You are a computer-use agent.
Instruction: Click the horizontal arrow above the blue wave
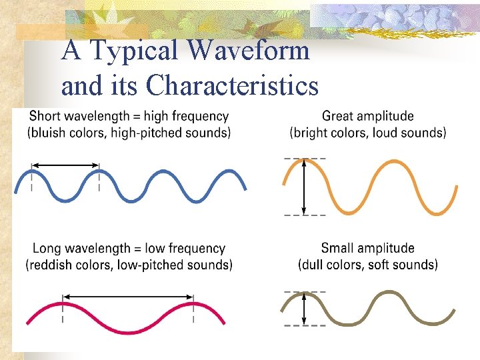coord(65,165)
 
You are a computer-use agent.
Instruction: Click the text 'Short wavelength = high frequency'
coord(129,117)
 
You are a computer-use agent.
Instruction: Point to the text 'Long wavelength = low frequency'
coord(129,249)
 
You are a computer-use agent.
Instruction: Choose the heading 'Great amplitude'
coord(367,117)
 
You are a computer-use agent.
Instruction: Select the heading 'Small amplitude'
coord(367,249)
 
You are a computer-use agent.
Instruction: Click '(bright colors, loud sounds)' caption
coord(367,133)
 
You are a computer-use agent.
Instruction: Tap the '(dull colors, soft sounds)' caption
coord(367,265)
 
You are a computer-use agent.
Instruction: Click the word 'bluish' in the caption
coord(50,133)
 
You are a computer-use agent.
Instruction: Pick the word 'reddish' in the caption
coord(52,265)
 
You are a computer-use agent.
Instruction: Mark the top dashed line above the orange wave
coord(305,158)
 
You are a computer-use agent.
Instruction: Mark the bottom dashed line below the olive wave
coord(305,326)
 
